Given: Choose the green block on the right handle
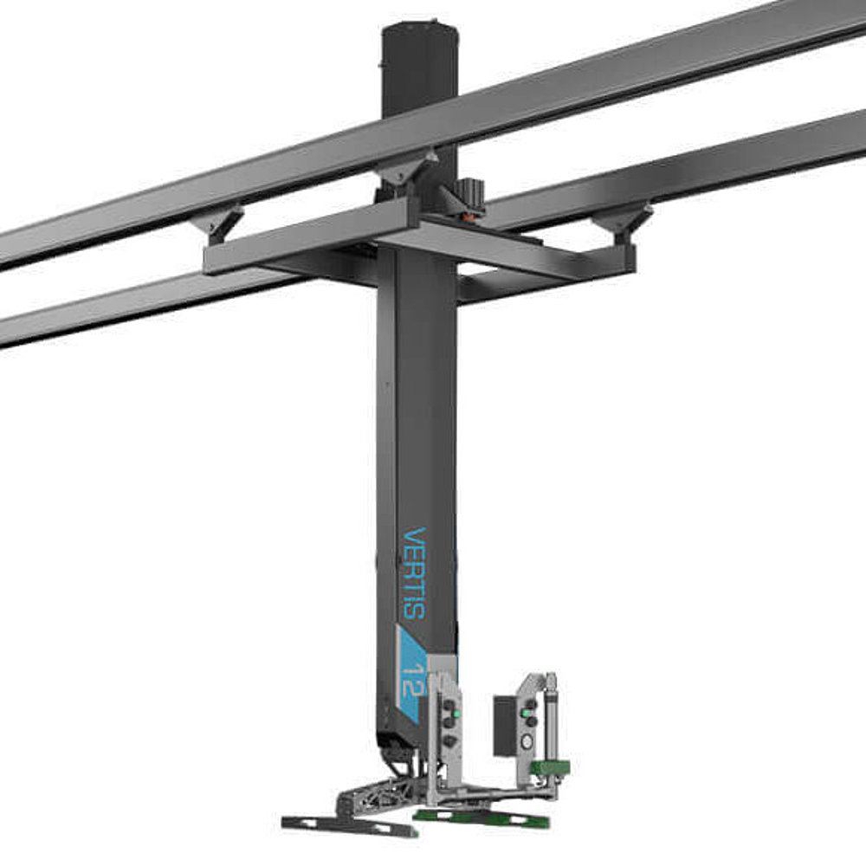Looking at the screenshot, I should click(x=547, y=767).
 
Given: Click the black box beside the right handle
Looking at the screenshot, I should click(x=505, y=724).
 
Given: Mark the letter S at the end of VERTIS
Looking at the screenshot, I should click(x=415, y=608).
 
